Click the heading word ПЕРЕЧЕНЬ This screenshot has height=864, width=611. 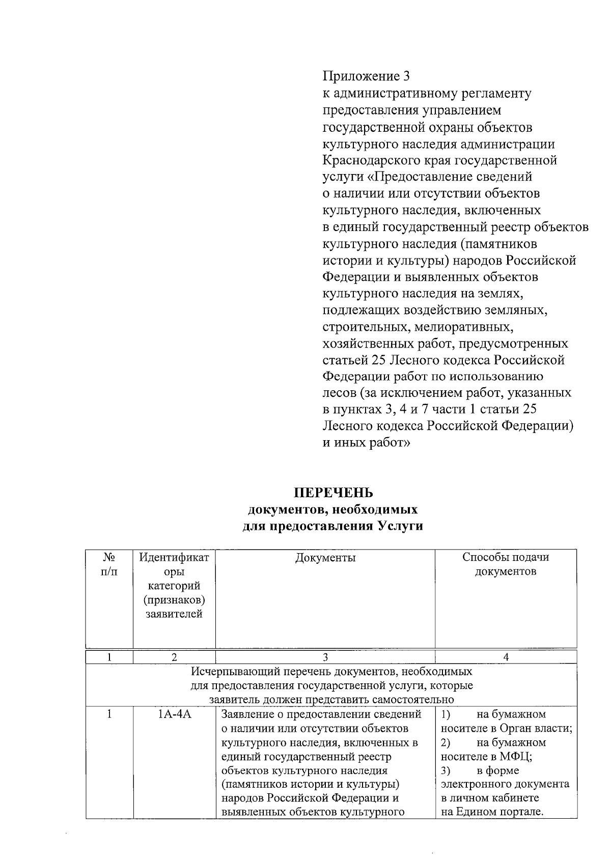[333, 493]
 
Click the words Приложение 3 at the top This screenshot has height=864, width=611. [366, 76]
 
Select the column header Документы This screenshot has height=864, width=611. [325, 558]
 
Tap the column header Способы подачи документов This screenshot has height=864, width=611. [506, 564]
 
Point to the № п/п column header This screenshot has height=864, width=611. [109, 564]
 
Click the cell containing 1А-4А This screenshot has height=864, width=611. [174, 714]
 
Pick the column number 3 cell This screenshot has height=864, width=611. [325, 657]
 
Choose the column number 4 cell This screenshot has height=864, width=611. [506, 657]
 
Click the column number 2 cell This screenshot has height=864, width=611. [174, 657]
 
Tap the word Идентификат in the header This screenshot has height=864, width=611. [174, 558]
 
